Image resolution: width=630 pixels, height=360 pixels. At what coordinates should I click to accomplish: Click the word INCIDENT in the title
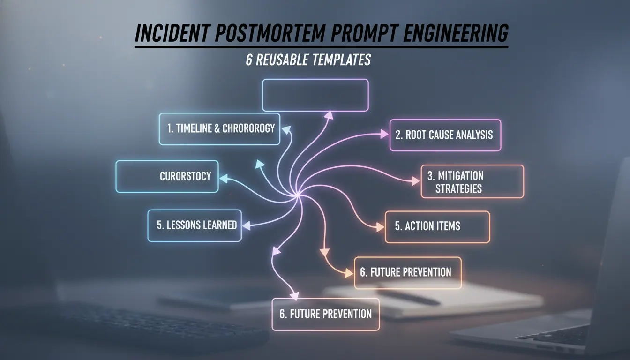coord(172,33)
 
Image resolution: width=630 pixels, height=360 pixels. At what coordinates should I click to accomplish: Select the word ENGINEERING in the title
coord(456,33)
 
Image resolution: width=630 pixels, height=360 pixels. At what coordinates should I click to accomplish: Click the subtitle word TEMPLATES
coord(341,60)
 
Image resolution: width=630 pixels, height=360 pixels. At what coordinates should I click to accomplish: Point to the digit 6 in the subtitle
coord(249,60)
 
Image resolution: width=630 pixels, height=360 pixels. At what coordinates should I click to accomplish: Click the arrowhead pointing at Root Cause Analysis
coord(384,134)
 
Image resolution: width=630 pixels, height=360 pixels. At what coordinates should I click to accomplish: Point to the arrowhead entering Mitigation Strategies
coord(415,181)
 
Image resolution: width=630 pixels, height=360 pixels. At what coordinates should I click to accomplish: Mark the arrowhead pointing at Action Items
coord(380,227)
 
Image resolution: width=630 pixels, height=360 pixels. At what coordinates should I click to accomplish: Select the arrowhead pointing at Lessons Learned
coord(247,225)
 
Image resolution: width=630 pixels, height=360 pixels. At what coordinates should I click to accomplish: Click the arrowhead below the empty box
coord(329,115)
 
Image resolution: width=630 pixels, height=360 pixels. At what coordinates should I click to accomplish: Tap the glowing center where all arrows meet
coord(297,195)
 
